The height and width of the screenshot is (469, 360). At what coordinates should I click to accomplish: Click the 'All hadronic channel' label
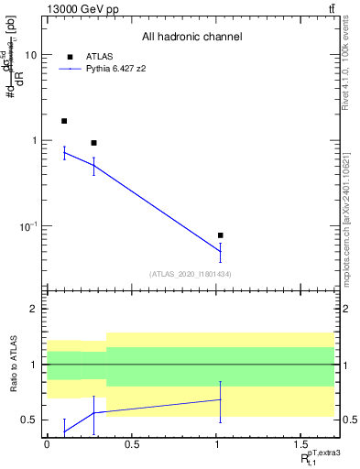point(191,38)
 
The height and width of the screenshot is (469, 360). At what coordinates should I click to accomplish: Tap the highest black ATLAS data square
point(64,121)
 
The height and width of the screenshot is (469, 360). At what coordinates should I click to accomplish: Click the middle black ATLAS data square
point(93,143)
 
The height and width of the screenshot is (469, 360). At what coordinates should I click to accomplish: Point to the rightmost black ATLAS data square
point(220,235)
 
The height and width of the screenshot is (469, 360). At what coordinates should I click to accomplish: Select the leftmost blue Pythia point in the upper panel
point(64,153)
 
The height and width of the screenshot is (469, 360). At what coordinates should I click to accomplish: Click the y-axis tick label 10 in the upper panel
point(30,55)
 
